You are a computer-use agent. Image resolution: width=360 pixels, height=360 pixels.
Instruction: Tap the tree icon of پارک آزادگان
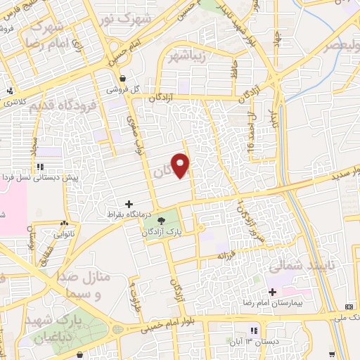[x=162, y=221]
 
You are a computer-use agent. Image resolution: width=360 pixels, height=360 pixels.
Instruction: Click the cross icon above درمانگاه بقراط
[x=128, y=202]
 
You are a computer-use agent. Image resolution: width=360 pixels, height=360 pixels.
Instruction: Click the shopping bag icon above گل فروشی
[x=124, y=79]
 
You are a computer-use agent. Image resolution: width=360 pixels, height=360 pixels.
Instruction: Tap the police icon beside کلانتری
[x=10, y=91]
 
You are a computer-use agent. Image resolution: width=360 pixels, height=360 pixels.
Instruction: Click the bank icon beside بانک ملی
[x=350, y=307]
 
